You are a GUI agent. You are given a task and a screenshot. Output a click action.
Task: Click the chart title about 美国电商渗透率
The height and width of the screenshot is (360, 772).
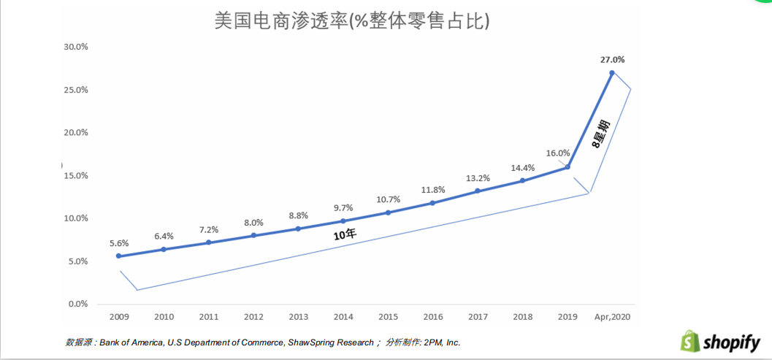coord(351,21)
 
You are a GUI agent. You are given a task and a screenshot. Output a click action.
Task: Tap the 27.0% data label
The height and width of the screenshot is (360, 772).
coord(612,60)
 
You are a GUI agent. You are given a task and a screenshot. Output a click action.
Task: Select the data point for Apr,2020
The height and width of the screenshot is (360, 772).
coord(611,73)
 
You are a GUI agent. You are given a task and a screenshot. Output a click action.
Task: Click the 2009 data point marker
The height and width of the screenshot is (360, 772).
coord(118,256)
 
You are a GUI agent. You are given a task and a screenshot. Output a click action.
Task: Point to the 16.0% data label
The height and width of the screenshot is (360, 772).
coord(557,153)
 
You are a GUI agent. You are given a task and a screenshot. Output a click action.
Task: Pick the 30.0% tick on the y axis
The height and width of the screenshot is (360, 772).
coord(76,47)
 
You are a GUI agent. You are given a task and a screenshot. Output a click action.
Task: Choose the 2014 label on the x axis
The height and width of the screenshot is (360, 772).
coord(343,318)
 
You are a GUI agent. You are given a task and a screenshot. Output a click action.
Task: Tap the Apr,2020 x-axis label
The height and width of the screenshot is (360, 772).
coord(611,318)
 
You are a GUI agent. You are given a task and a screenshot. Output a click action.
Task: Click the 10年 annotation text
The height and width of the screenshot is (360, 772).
coord(345,234)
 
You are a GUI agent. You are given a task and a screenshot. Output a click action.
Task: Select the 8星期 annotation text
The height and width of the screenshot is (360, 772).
coord(600,133)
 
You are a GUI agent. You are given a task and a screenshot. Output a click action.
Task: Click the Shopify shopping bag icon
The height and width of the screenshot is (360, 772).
coord(690,340)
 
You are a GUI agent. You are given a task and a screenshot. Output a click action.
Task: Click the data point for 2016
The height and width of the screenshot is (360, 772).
coord(432,203)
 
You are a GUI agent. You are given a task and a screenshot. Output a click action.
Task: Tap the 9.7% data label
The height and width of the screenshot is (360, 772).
coord(343,207)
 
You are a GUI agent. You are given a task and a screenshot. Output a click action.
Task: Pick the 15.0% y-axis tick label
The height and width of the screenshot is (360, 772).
coord(76,175)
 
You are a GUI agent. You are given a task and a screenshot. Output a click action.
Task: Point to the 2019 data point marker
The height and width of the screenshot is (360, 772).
coord(567,167)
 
